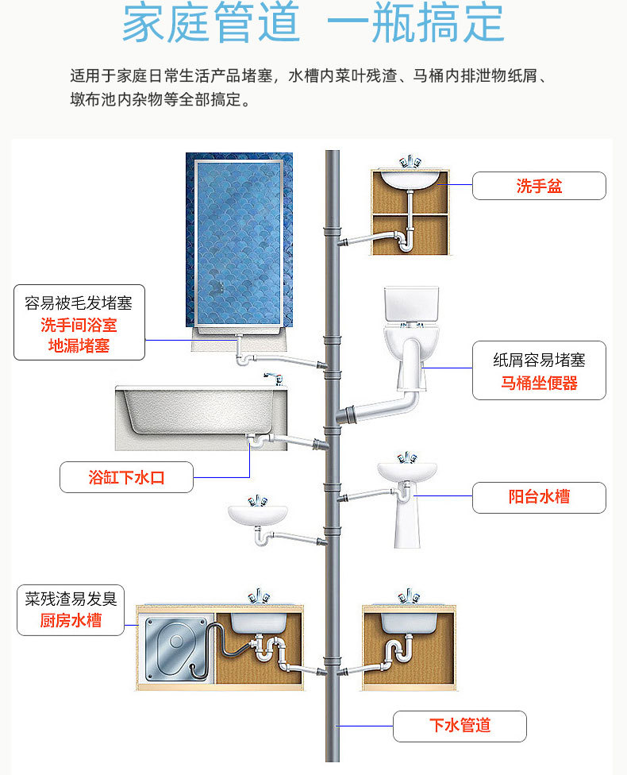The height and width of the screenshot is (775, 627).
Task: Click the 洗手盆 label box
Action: pos(539,186)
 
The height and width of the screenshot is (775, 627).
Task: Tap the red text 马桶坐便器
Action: pos(539,384)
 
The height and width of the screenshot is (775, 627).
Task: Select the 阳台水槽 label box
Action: pos(539,497)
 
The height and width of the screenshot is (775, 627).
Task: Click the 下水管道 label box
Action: pos(460,725)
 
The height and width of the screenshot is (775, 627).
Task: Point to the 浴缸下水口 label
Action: pos(126,477)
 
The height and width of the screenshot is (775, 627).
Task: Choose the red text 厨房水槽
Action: pos(71,620)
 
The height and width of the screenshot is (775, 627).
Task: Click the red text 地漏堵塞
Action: pos(79,345)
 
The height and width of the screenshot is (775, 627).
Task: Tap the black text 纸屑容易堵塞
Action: pos(539,360)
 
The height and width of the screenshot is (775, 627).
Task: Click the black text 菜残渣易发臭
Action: pos(71,598)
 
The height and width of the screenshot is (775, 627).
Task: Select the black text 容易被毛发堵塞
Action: pos(79,303)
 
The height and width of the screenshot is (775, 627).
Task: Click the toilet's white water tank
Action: pos(410,306)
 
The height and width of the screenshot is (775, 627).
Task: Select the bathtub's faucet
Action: pos(275,378)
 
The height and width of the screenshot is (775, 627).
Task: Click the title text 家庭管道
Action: pos(211,23)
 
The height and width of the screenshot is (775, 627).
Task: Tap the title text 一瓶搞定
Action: pos(414,23)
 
